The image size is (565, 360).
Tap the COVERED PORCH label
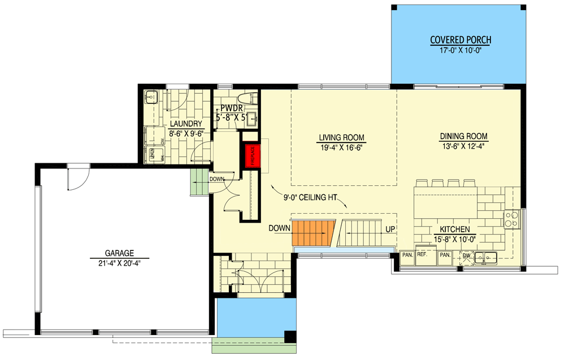pyautogui.click(x=460, y=40)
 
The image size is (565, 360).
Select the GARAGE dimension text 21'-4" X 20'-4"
pyautogui.click(x=115, y=263)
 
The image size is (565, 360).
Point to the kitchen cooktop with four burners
pyautogui.click(x=511, y=218)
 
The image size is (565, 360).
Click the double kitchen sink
pyautogui.click(x=486, y=258)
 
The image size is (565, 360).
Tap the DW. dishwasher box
pyautogui.click(x=467, y=256)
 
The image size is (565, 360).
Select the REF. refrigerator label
pyautogui.click(x=422, y=255)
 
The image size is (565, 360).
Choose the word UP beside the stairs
pyautogui.click(x=390, y=229)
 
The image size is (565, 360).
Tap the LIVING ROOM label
pyautogui.click(x=341, y=137)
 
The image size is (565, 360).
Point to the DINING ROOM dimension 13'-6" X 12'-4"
pyautogui.click(x=463, y=146)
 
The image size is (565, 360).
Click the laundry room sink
pyautogui.click(x=151, y=98)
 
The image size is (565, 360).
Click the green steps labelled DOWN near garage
pyautogui.click(x=198, y=183)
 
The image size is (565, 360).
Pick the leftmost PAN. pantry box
pyautogui.click(x=407, y=255)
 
